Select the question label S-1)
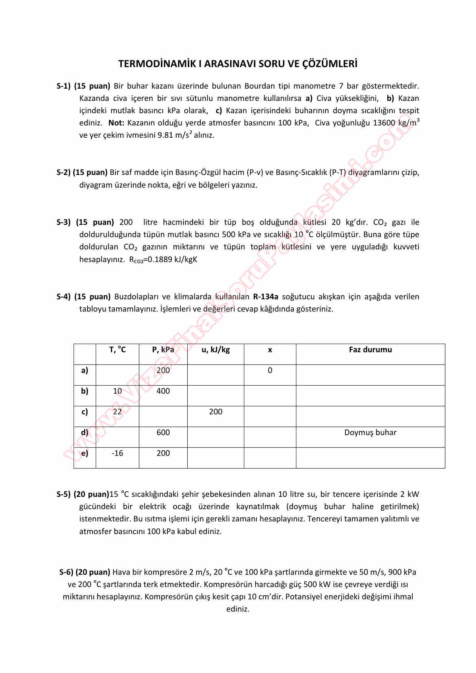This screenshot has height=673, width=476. click(x=63, y=86)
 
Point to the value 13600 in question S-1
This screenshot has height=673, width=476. click(x=383, y=123)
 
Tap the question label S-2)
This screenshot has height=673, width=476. click(x=63, y=172)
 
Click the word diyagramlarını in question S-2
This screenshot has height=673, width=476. click(x=372, y=172)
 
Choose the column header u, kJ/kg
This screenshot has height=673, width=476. click(x=216, y=350)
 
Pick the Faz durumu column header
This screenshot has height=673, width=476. click(x=370, y=350)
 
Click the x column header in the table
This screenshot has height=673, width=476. click(x=270, y=350)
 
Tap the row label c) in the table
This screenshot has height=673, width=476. click(x=85, y=412)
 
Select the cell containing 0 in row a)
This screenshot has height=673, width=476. click(x=270, y=370)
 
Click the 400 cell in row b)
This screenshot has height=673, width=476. click(x=163, y=391)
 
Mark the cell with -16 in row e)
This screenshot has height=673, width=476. click(x=117, y=453)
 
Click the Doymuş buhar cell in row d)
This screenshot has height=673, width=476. click(x=370, y=432)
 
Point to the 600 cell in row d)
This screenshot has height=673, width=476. click(x=163, y=432)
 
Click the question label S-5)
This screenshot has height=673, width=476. click(x=63, y=494)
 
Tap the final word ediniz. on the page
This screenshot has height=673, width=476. click(x=238, y=609)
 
